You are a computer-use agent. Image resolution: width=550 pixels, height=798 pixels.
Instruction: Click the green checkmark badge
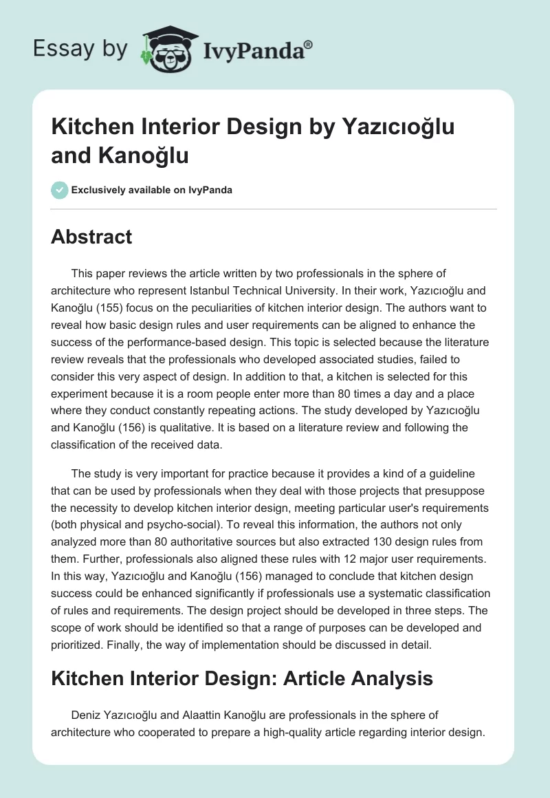coord(60,190)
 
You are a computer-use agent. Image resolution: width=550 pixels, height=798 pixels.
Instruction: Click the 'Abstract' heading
coord(91,237)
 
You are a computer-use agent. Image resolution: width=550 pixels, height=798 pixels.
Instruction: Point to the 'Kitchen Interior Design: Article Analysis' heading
coord(242,678)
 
